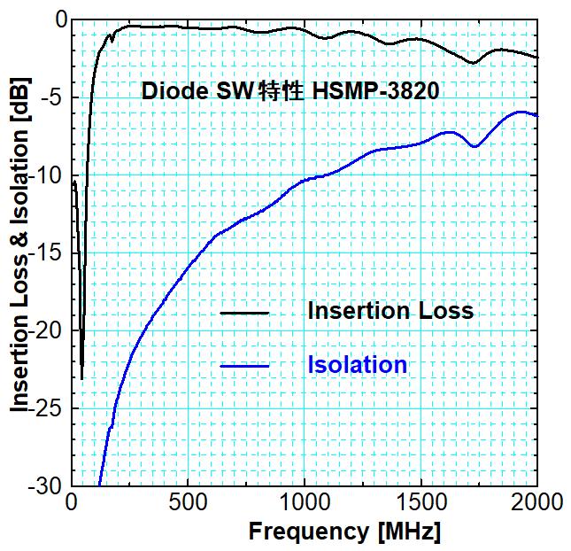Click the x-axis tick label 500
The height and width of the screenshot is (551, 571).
click(x=188, y=503)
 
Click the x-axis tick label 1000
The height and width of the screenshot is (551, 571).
click(x=304, y=503)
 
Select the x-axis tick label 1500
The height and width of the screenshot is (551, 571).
click(x=420, y=503)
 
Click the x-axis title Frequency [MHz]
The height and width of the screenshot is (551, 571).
click(x=343, y=532)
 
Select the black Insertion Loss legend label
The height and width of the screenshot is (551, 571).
click(x=390, y=312)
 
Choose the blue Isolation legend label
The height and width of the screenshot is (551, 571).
click(x=358, y=364)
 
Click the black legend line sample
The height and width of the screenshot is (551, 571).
click(x=243, y=313)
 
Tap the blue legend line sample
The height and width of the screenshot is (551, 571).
click(x=243, y=366)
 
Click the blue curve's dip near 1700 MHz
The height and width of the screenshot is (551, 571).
click(x=475, y=146)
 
